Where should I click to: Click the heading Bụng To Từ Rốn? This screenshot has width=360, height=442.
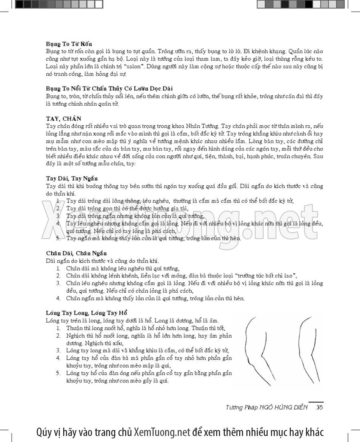(69, 44)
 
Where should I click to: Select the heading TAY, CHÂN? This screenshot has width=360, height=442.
(63, 119)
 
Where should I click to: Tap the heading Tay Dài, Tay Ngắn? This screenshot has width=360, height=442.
(72, 178)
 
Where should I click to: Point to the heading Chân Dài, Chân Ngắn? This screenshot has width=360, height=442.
(76, 253)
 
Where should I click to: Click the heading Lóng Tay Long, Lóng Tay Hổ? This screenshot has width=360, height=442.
(87, 312)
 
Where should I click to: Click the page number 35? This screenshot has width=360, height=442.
(320, 408)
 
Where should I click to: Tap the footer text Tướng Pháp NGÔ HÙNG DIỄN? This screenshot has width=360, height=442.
(266, 408)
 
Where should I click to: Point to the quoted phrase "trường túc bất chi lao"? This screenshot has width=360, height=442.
(266, 275)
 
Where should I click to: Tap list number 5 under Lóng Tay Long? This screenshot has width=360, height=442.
(58, 373)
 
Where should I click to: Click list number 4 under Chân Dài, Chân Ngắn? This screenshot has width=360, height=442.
(58, 298)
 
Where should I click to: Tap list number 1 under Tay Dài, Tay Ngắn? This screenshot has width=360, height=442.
(58, 201)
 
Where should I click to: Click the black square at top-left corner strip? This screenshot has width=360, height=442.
(19, 4)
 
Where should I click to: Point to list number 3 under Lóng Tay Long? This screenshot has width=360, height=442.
(58, 350)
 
